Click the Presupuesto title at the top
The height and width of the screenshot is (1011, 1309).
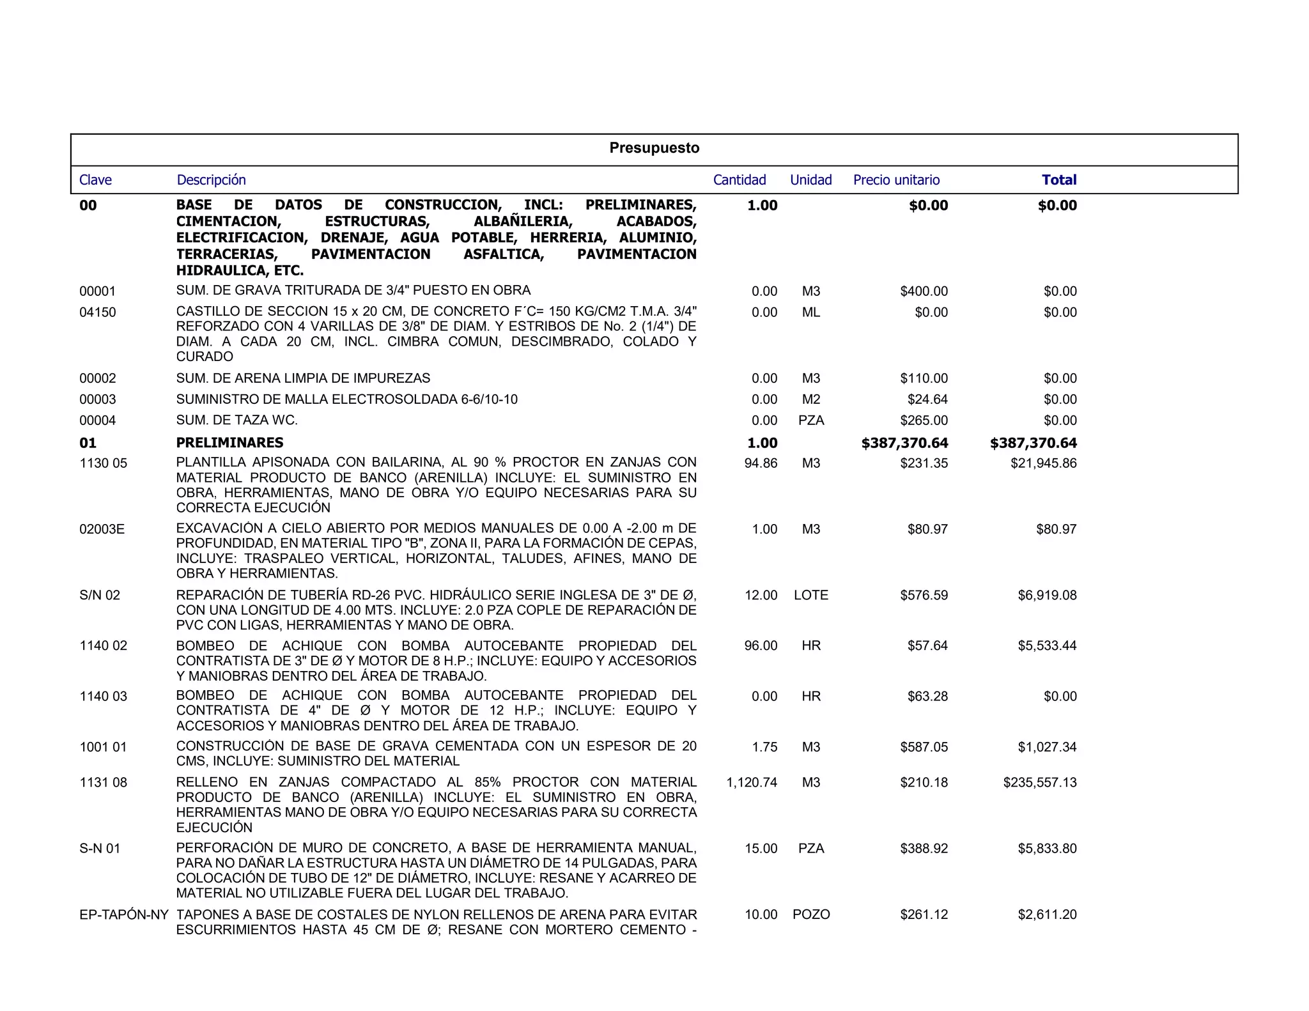coord(654,148)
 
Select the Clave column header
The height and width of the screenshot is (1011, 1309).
coord(95,180)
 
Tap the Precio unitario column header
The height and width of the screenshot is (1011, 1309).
coord(896,180)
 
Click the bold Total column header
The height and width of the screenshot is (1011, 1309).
coord(1058,180)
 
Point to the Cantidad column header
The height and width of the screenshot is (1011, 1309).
coord(740,180)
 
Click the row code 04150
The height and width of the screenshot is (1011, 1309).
coord(98,313)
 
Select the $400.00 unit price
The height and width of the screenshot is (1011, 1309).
coord(924,291)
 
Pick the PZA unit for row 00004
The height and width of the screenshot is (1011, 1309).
coord(811,421)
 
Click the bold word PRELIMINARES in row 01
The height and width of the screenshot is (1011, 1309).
coord(229,443)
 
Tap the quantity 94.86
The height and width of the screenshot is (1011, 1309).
coord(761,463)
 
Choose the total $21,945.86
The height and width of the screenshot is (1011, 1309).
coord(1043,463)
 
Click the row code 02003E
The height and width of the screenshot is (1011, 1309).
coord(102,529)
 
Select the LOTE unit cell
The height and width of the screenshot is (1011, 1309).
coord(811,595)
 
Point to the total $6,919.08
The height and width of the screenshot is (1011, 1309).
coord(1047,595)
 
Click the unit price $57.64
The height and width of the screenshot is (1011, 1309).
coord(927,645)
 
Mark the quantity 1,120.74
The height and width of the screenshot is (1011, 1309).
coord(752,782)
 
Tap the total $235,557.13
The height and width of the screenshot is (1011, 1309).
coord(1039,782)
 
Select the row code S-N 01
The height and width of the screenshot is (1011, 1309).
coord(100,849)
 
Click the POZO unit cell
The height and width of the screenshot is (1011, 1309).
coord(811,915)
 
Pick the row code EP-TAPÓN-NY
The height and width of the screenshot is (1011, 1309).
coord(124,915)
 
